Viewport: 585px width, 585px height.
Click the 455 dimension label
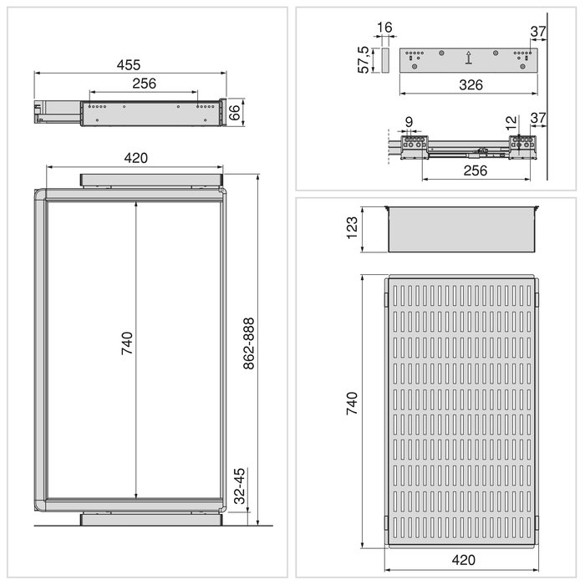click(x=129, y=64)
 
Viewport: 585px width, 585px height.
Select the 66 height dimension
click(x=235, y=112)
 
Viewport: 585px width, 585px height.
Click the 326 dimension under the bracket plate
click(x=468, y=84)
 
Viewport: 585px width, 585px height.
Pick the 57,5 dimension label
click(x=364, y=59)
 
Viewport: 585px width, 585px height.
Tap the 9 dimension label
click(x=409, y=122)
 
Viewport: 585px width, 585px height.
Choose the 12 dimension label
click(x=511, y=122)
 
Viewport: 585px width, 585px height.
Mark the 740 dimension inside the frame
click(x=127, y=343)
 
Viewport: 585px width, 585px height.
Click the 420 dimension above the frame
click(x=135, y=158)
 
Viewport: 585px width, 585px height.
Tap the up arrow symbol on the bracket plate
click(x=469, y=58)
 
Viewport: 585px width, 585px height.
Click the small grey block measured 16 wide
click(x=384, y=60)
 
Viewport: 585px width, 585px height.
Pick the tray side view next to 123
click(x=461, y=228)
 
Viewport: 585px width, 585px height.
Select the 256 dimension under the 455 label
click(x=144, y=84)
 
